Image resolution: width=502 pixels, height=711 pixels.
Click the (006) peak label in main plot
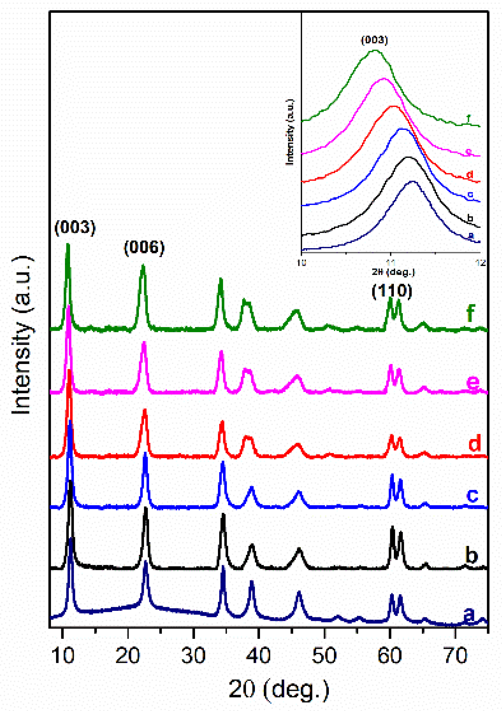click(144, 248)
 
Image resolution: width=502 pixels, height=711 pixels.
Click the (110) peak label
click(392, 291)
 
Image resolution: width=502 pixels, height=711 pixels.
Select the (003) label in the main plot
click(75, 227)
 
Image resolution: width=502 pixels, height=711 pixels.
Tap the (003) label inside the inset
click(374, 40)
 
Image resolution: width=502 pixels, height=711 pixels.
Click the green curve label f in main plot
click(470, 313)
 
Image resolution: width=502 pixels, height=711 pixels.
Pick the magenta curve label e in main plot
click(473, 382)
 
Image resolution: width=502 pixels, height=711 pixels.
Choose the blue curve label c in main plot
click(472, 494)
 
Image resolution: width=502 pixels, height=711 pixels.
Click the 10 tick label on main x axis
click(63, 656)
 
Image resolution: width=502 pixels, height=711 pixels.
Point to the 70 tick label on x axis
click(455, 656)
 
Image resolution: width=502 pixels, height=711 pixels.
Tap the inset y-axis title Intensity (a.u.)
click(290, 132)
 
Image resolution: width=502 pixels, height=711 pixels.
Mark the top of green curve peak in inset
click(375, 50)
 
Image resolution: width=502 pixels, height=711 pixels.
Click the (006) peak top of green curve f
click(143, 265)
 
